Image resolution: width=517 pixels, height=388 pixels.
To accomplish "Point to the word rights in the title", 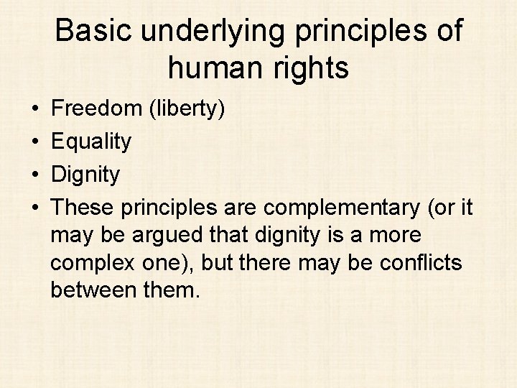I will [x=313, y=68].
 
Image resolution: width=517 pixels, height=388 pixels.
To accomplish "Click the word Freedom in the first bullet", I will [x=98, y=108].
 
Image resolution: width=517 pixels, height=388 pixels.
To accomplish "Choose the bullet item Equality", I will [x=92, y=142].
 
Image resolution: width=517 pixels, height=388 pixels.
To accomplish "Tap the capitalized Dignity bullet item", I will [x=87, y=175].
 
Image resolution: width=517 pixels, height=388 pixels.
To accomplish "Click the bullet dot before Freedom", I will [x=35, y=109].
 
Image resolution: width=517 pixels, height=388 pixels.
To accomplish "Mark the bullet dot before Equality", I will [x=35, y=142].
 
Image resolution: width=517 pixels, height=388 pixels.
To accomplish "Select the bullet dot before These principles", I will [x=35, y=208].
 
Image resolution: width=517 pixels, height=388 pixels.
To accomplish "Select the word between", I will [x=96, y=290].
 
